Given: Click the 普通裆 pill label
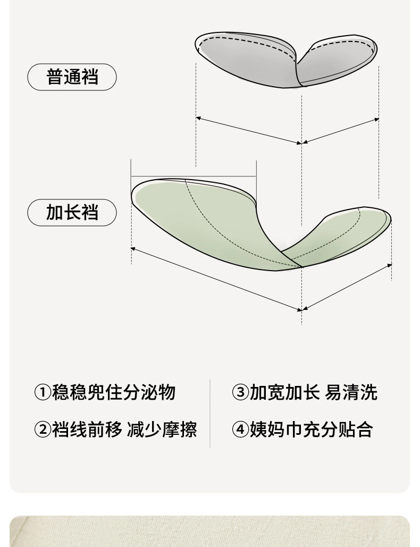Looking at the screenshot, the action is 72,77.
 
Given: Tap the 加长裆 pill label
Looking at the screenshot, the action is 72,213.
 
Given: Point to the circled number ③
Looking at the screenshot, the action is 240,392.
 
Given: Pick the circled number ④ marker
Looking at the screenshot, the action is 240,429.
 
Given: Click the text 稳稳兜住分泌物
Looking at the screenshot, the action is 113,392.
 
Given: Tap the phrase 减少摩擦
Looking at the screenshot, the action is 162,429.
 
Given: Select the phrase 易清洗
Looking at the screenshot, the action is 351,392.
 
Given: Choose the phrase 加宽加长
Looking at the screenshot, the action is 284,392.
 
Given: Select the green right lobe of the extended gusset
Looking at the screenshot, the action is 346,234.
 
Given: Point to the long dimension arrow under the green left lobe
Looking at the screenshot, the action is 215,279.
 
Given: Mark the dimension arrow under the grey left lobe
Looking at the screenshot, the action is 248,130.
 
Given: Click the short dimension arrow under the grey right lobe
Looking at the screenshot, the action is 340,131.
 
